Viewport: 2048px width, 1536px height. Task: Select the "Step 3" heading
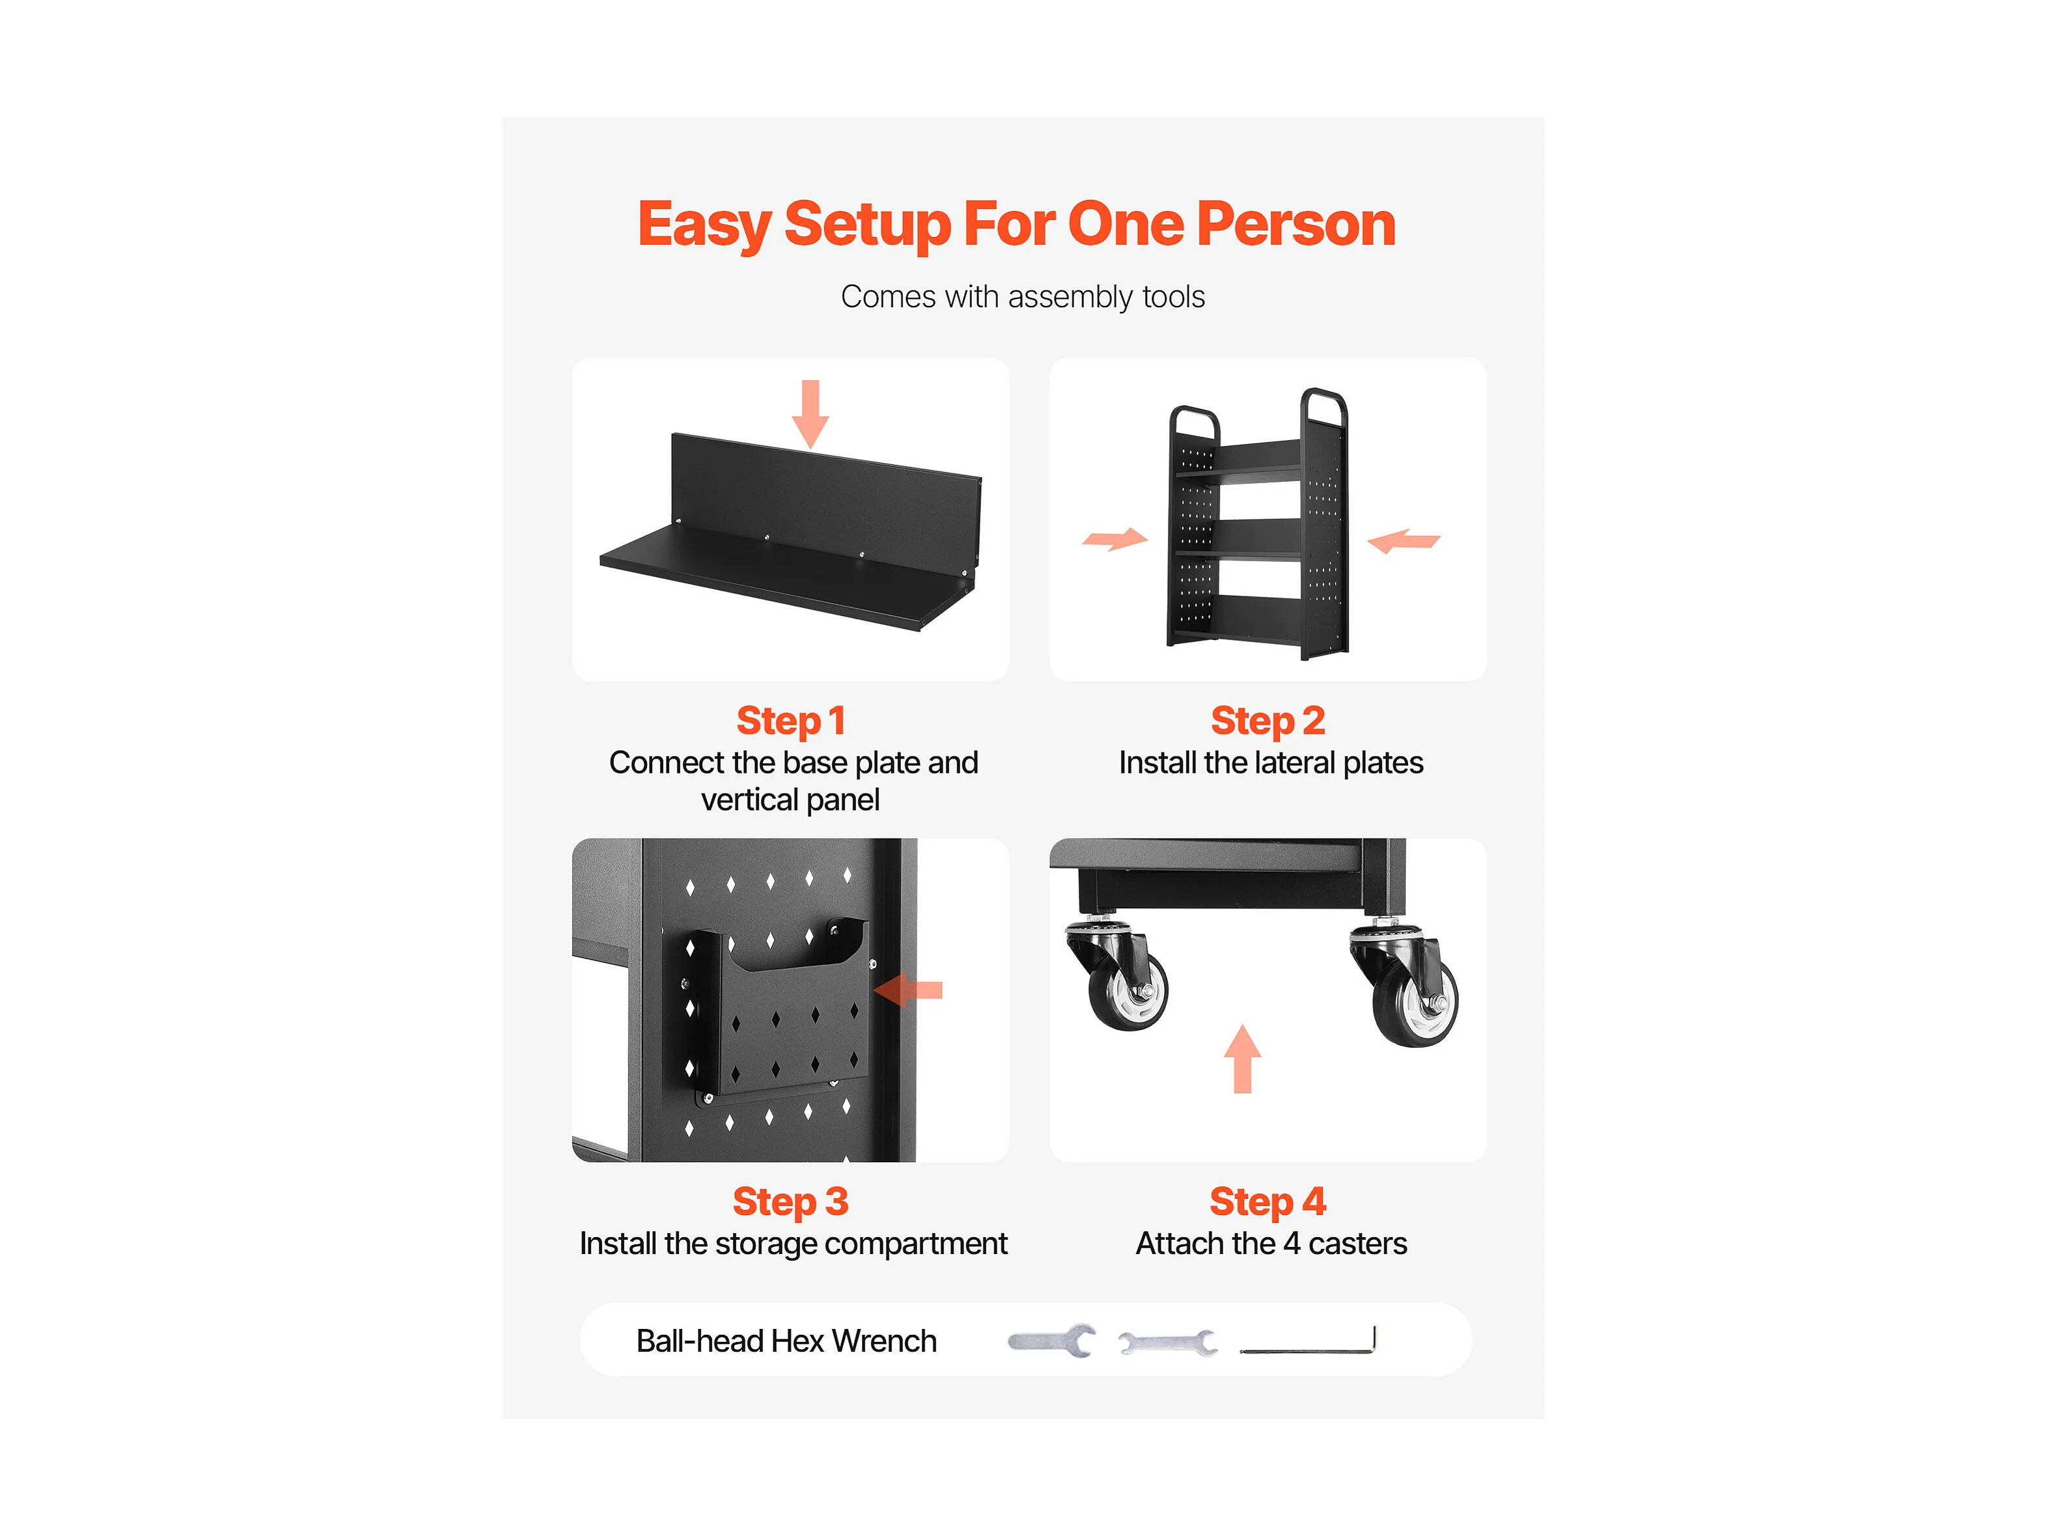[791, 1202]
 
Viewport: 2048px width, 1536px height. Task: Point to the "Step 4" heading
[1267, 1202]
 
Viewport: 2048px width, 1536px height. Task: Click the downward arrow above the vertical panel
[810, 414]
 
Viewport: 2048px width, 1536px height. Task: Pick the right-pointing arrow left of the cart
[1114, 539]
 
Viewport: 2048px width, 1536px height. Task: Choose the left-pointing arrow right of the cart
[1404, 540]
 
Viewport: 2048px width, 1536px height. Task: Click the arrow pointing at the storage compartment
[908, 990]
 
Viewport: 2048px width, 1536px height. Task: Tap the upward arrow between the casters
[1243, 1058]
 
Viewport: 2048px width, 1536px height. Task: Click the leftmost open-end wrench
[1052, 1341]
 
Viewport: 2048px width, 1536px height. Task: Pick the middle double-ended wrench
[1167, 1343]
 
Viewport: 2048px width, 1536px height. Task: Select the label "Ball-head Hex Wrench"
[786, 1341]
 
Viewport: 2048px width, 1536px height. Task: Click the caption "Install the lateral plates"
[1270, 763]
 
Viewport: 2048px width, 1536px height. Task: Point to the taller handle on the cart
[1324, 408]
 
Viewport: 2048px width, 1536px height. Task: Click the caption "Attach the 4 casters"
[1271, 1244]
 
